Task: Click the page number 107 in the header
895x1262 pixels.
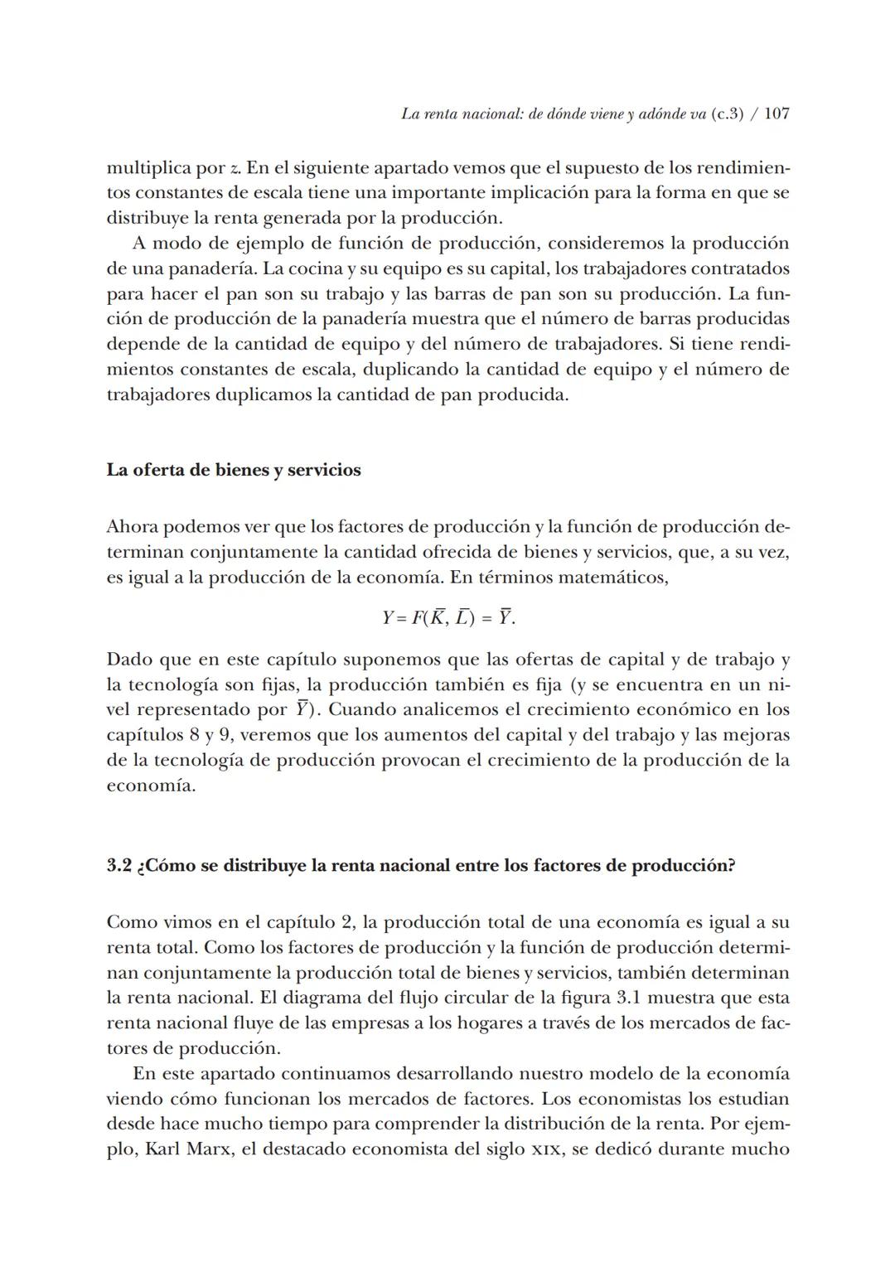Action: click(776, 114)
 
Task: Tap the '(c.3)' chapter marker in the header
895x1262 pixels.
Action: click(727, 114)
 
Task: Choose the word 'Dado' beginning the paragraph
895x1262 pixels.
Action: click(130, 660)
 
